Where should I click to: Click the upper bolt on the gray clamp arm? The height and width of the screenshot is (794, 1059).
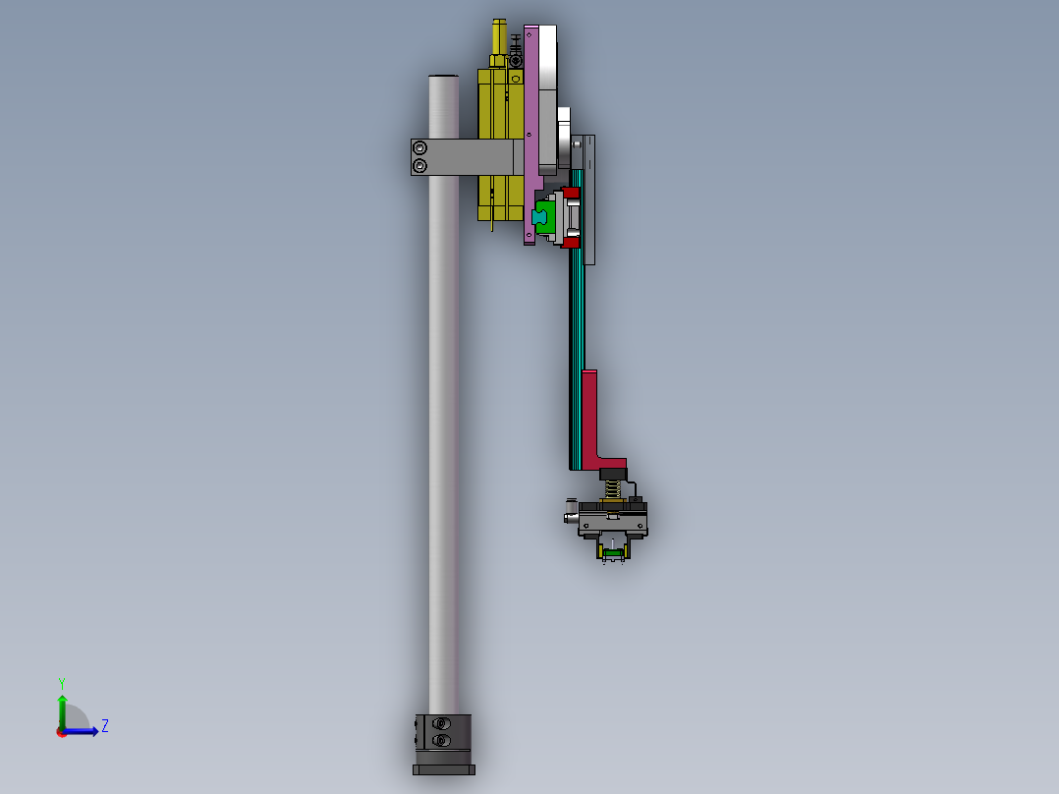(420, 148)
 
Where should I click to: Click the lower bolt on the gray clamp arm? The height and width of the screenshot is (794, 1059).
(420, 166)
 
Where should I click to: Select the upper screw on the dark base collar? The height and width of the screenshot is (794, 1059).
(440, 724)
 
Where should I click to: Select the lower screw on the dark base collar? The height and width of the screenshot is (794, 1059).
(440, 739)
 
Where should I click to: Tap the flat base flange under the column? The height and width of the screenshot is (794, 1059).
(444, 769)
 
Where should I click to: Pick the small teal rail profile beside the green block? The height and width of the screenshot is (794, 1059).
(538, 215)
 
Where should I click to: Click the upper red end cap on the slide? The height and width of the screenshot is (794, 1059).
(571, 191)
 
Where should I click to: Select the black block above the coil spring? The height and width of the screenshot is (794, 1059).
(612, 473)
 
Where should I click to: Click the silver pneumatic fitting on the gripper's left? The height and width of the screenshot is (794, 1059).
(570, 516)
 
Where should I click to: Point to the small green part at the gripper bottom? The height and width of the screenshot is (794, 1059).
(613, 555)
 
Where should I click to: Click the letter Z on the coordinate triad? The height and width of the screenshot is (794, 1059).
(104, 726)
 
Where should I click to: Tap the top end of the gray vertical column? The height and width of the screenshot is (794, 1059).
(444, 78)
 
